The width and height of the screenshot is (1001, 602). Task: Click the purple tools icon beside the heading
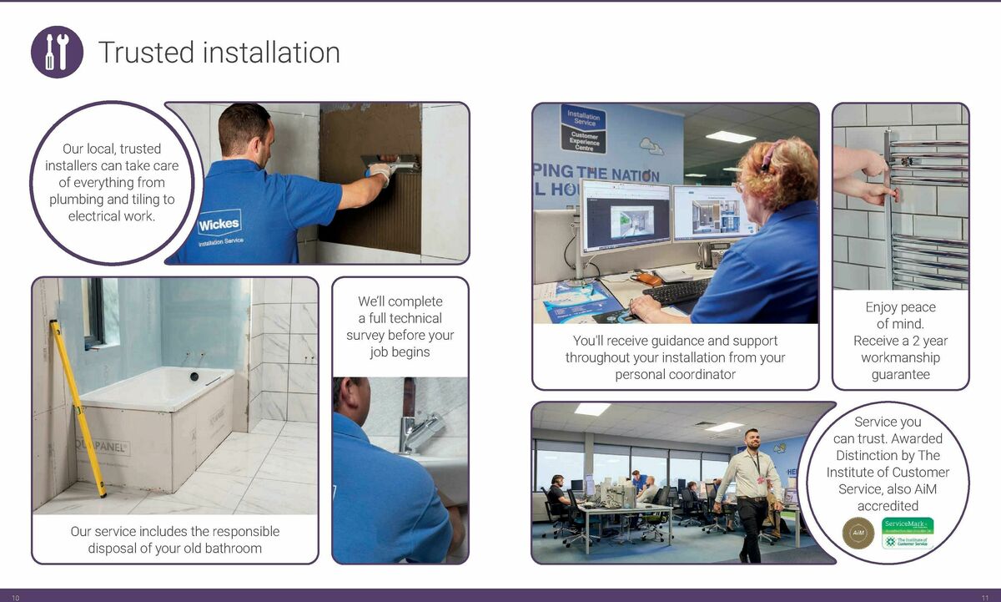tap(57, 52)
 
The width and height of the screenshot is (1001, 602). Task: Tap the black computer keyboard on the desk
tap(677, 291)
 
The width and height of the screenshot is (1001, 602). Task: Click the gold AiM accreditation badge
tap(859, 532)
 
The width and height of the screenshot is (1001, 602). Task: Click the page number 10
tap(15, 596)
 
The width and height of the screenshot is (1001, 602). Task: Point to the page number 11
tap(985, 596)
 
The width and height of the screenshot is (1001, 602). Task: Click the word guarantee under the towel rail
tap(900, 375)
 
